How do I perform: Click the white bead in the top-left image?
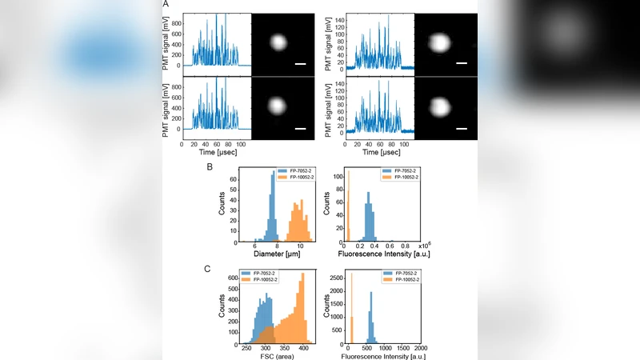[x=278, y=42]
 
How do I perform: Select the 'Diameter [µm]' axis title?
[x=279, y=255]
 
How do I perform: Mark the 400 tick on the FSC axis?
[x=304, y=348]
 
